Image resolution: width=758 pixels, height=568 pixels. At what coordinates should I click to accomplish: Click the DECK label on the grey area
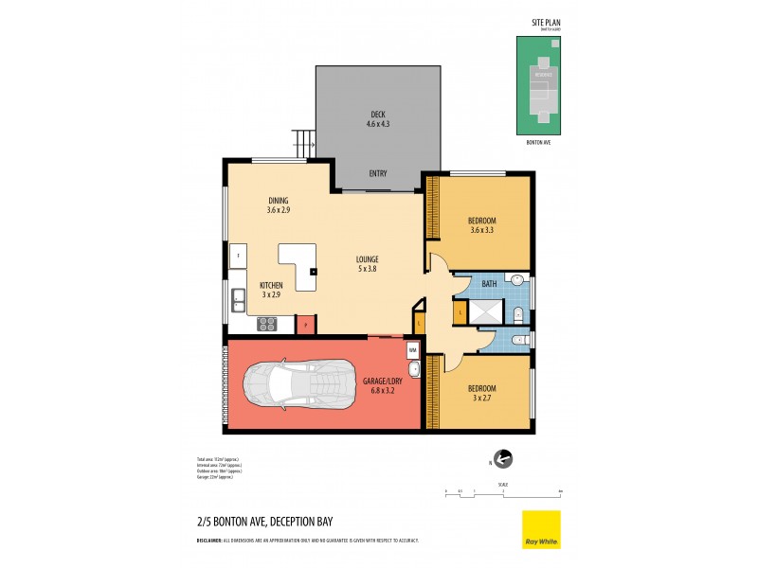[378, 114]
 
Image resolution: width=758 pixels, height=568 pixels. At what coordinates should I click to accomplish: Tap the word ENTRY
[378, 173]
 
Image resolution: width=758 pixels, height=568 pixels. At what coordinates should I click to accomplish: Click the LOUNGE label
[368, 259]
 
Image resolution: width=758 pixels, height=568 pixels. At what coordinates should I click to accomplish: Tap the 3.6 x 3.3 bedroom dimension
[482, 229]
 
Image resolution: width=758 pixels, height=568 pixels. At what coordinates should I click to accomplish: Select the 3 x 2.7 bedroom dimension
[482, 398]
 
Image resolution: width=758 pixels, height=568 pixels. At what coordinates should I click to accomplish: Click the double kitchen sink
[237, 300]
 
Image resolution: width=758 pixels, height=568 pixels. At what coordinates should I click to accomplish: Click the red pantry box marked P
[306, 325]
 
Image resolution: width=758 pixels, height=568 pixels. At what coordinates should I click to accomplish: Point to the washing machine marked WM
[413, 350]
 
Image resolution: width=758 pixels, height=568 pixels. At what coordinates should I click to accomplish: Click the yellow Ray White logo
[541, 529]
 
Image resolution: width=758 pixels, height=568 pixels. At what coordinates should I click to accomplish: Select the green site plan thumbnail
[538, 85]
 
